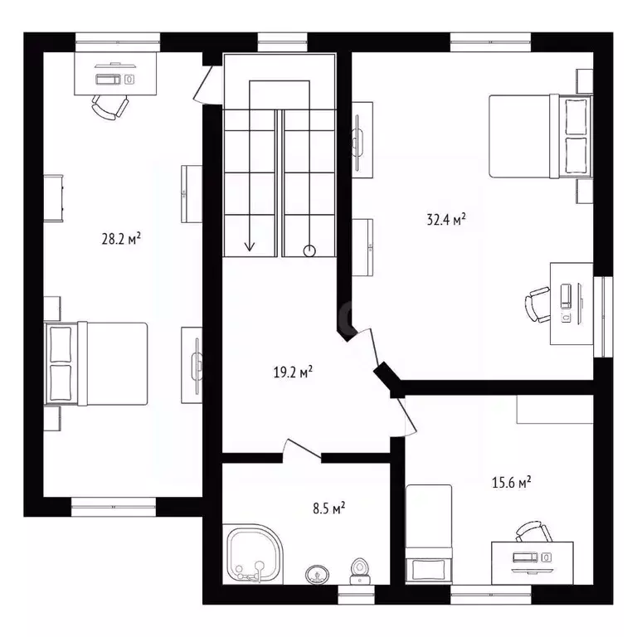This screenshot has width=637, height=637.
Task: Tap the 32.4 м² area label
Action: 445,220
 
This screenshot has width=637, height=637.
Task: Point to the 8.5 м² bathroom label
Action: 328,508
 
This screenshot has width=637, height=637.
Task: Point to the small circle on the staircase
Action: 309,250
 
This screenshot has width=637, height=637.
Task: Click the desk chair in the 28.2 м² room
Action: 110,106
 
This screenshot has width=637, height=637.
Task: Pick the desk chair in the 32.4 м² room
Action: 538,304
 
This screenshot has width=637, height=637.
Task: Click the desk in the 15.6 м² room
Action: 532,561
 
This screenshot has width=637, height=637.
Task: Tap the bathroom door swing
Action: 300,449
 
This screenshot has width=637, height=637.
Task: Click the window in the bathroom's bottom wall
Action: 357,594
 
